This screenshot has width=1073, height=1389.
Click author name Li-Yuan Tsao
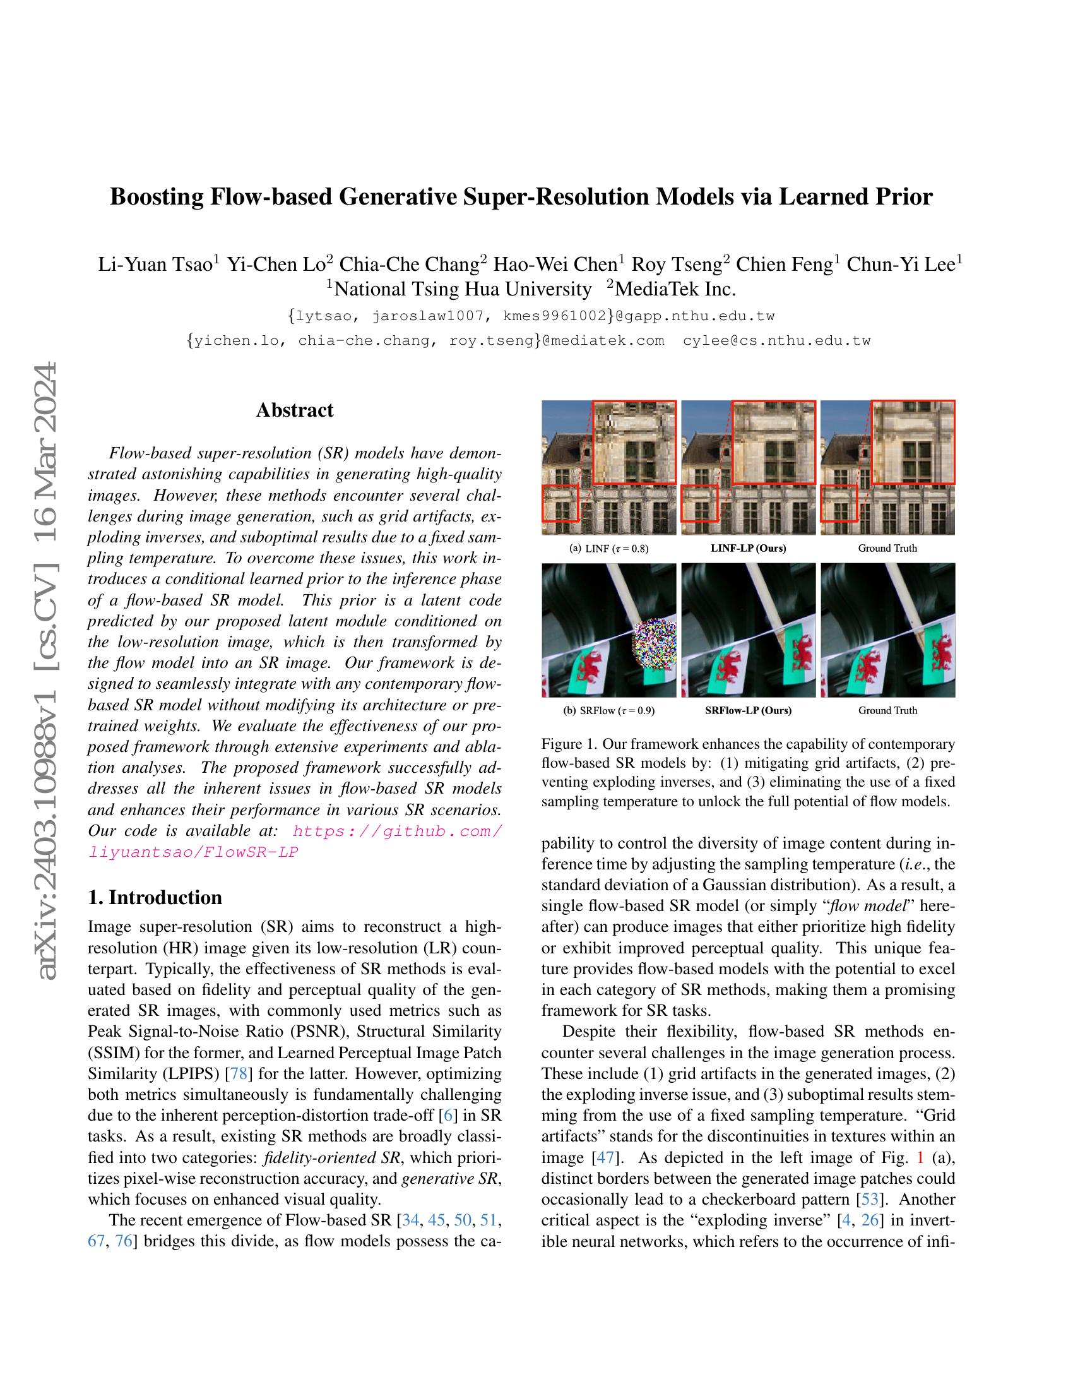[155, 264]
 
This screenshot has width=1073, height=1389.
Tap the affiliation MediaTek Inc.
[675, 289]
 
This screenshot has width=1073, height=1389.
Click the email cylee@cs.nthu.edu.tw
[776, 340]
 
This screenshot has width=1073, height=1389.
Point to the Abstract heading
[294, 410]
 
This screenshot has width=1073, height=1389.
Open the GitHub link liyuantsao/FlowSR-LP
[193, 852]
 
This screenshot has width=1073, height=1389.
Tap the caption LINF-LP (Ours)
[747, 548]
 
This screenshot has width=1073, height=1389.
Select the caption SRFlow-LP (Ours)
[747, 710]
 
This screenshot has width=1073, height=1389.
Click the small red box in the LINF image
[560, 503]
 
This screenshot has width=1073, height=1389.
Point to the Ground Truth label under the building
[887, 548]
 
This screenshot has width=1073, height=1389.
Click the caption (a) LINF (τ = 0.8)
[609, 548]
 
